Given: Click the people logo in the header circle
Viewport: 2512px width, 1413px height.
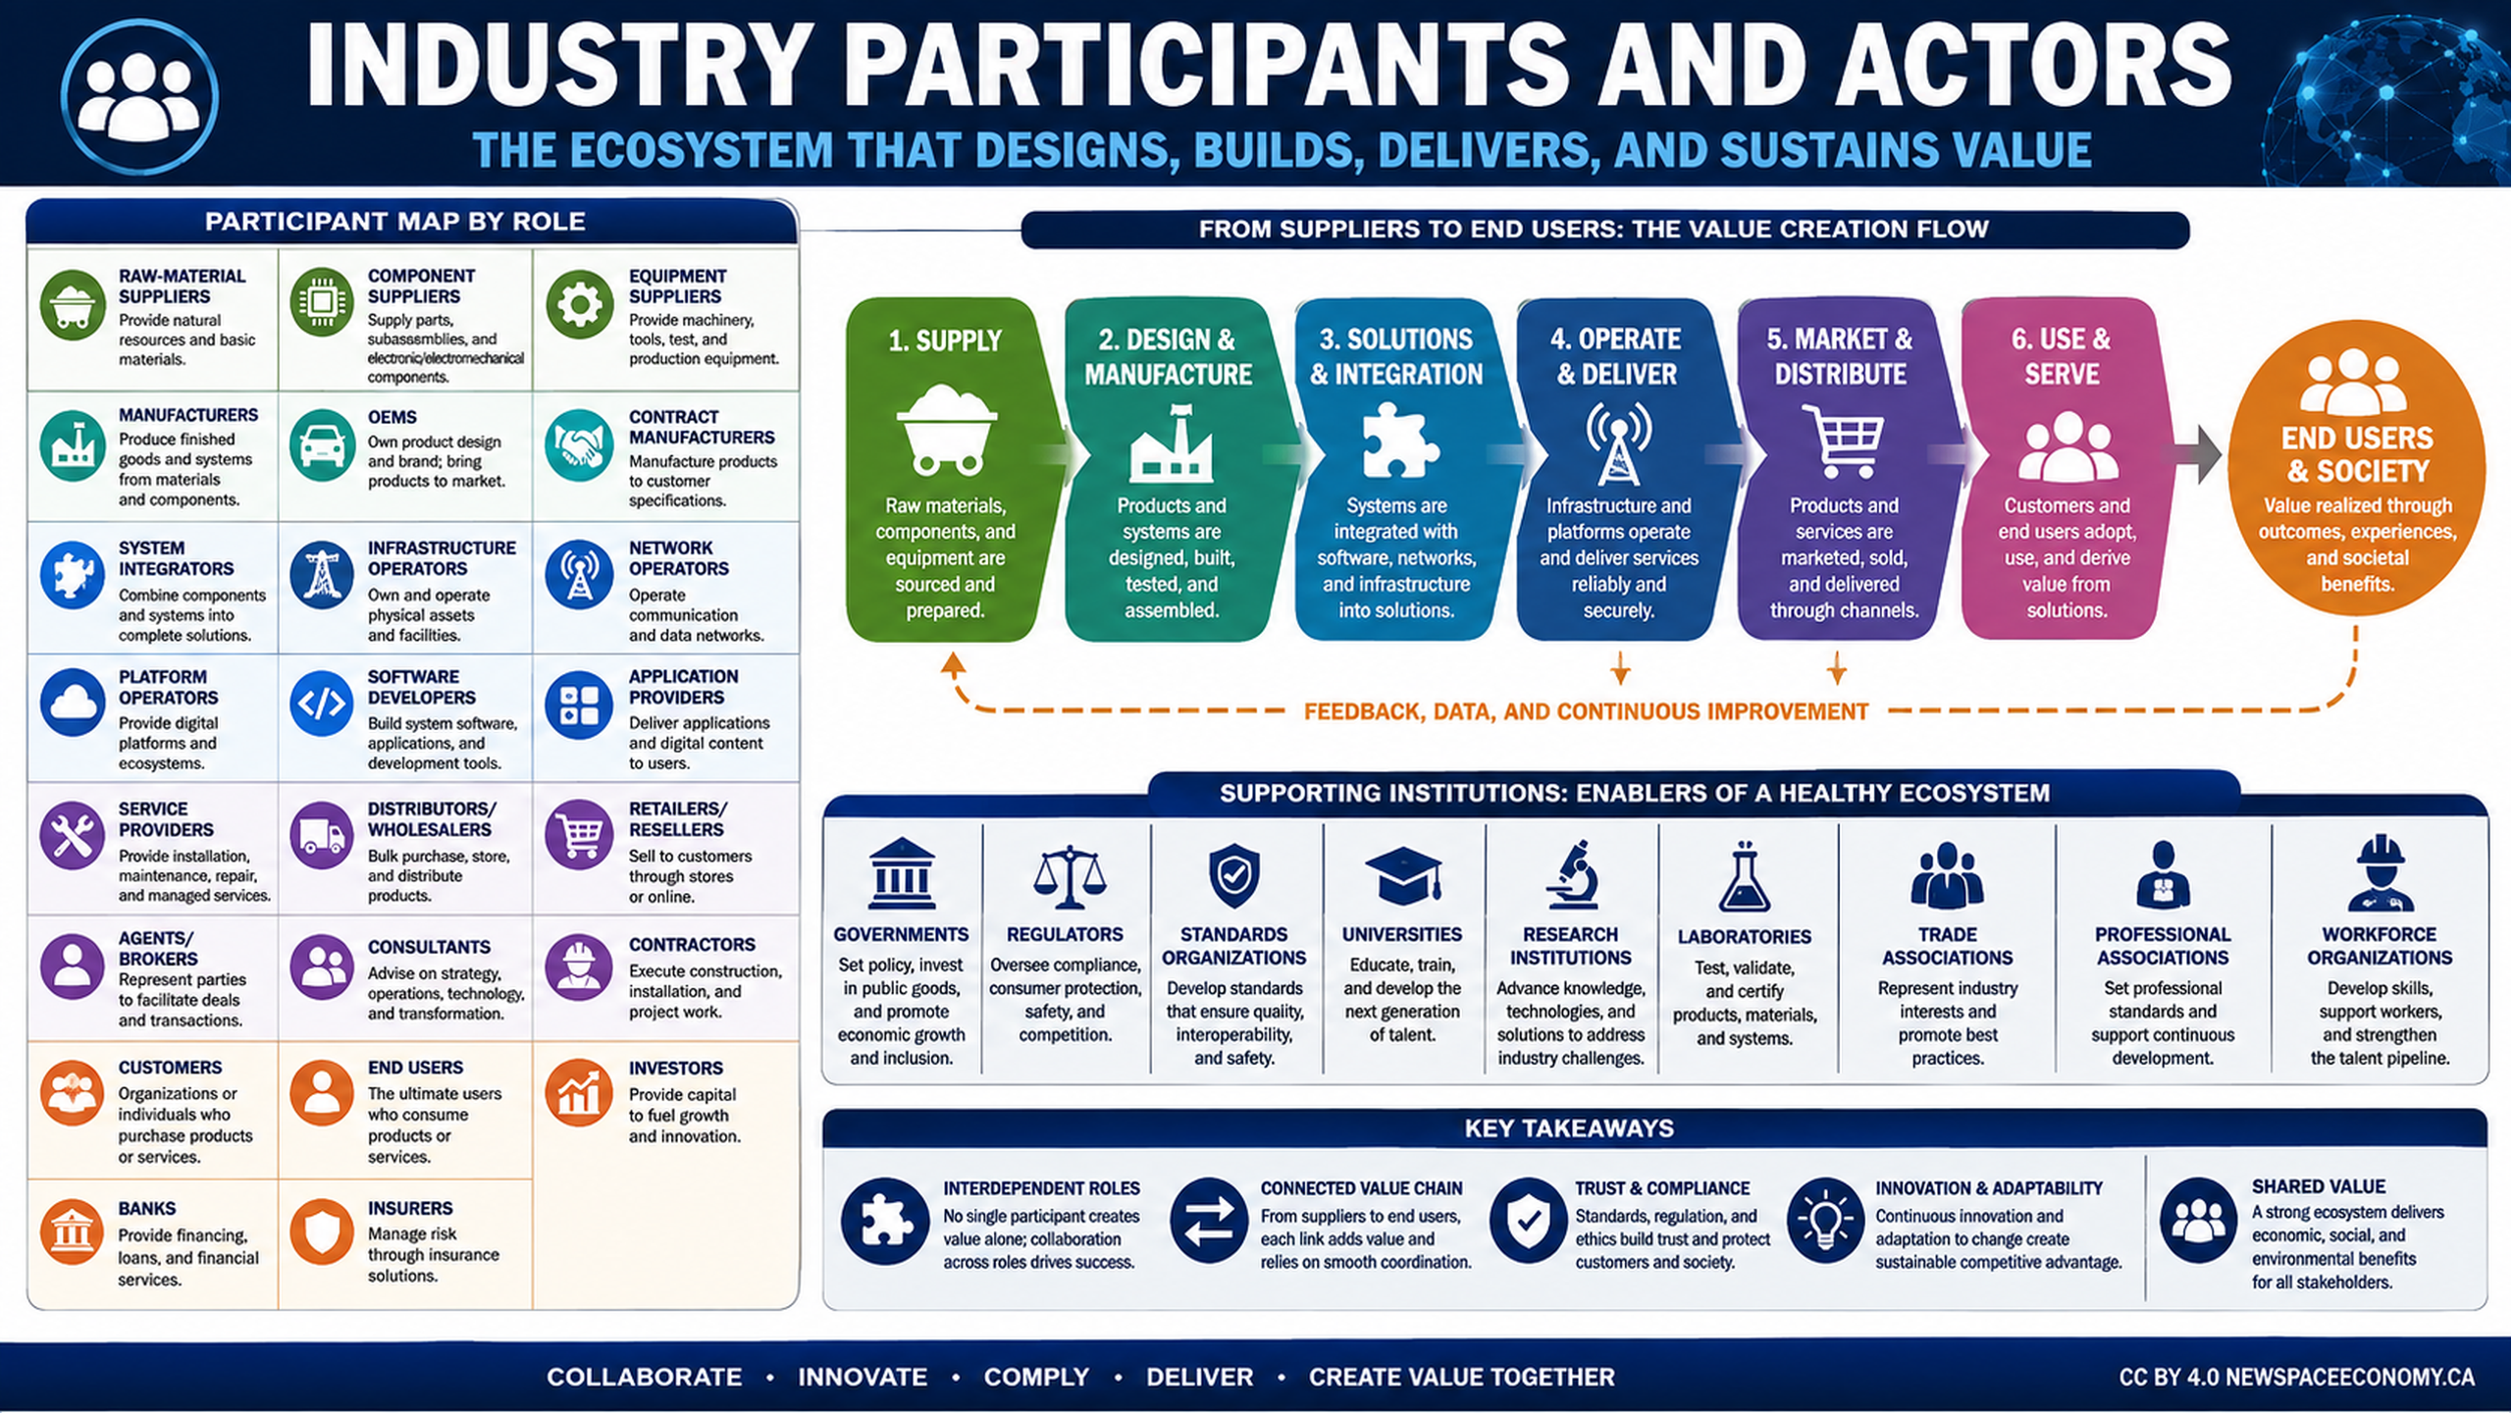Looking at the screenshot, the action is pyautogui.click(x=139, y=96).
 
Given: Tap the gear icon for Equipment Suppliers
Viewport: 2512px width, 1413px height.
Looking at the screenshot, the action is pyautogui.click(x=579, y=305).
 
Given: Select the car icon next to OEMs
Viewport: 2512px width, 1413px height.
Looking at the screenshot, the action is pyautogui.click(x=322, y=445).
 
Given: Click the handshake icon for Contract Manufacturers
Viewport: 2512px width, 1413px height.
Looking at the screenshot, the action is pyautogui.click(x=579, y=445).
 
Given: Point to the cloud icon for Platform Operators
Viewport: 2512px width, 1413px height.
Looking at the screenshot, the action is pyautogui.click(x=73, y=703).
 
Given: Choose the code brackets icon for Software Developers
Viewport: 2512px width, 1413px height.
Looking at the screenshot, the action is pyautogui.click(x=322, y=703).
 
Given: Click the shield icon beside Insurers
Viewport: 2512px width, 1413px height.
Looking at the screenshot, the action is pyautogui.click(x=322, y=1230).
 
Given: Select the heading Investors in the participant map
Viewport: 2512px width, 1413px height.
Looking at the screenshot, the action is pyautogui.click(x=676, y=1068).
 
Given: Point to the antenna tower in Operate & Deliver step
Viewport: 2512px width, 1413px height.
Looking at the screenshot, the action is pyautogui.click(x=1618, y=444).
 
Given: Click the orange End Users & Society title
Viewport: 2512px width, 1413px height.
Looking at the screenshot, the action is pyautogui.click(x=2357, y=454).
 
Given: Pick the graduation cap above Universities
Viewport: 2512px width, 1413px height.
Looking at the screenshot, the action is pyautogui.click(x=1403, y=876).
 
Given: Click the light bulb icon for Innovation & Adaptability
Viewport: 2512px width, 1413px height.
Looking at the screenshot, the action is pyautogui.click(x=1825, y=1221).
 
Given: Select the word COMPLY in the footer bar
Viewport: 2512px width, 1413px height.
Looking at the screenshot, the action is pyautogui.click(x=1036, y=1377).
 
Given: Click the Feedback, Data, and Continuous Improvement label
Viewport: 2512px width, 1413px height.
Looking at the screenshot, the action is pyautogui.click(x=1586, y=711).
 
